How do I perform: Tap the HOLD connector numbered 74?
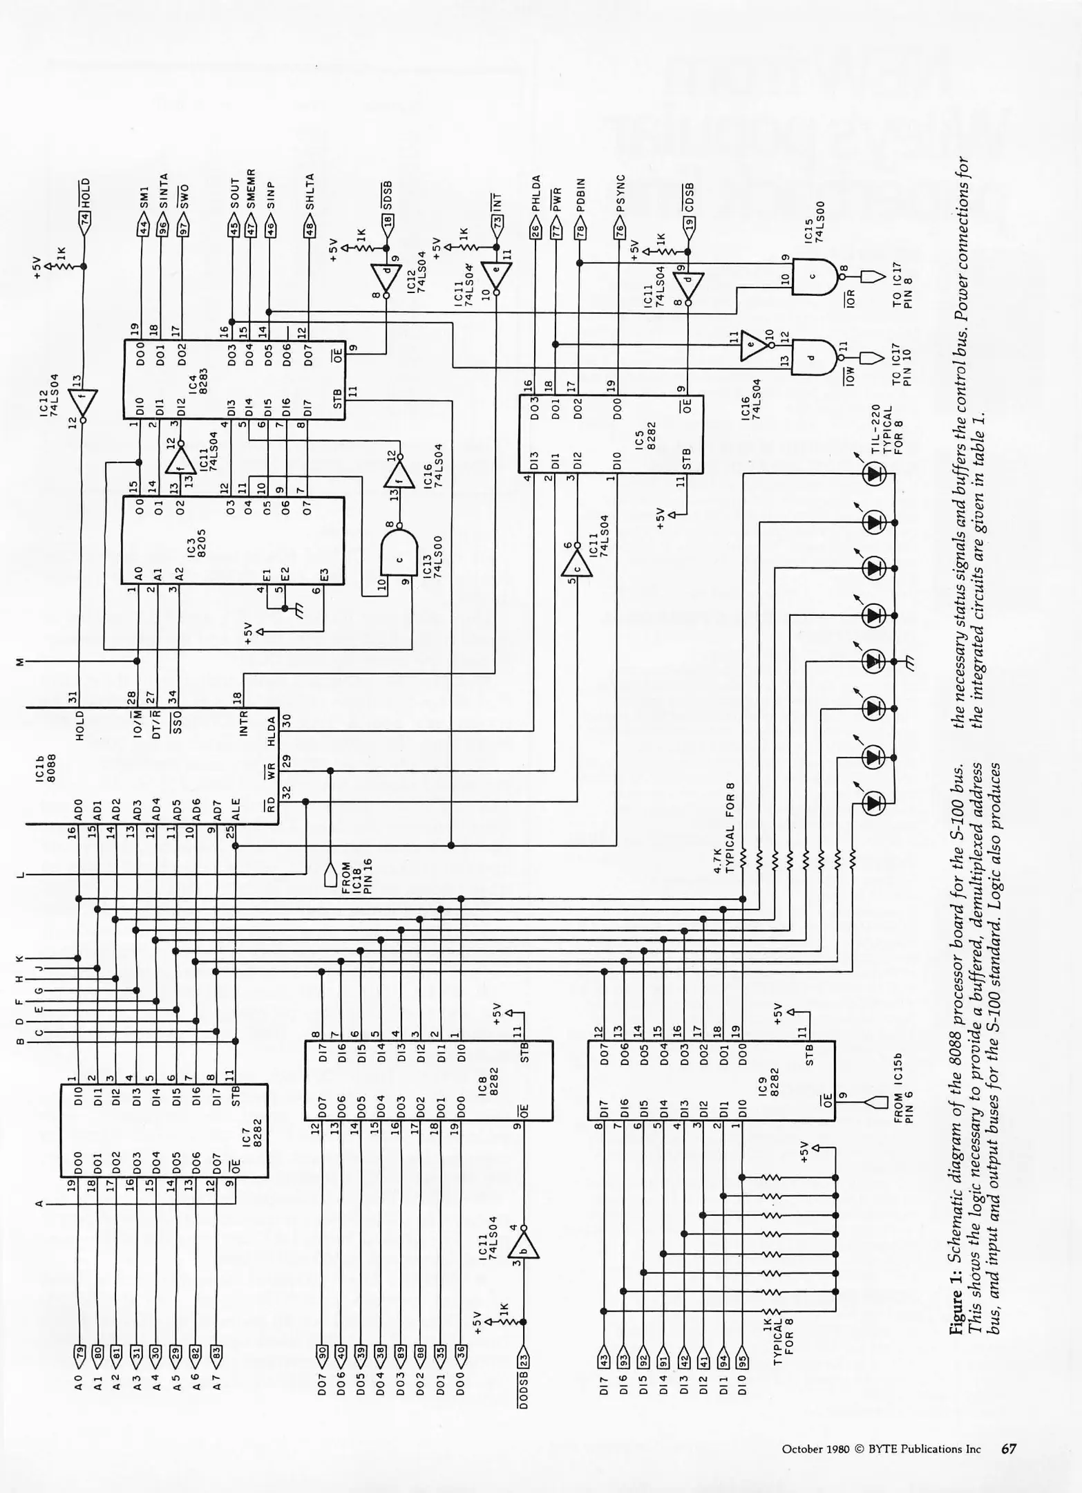coord(86,220)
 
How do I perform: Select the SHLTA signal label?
coord(310,191)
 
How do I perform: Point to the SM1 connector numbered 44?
coord(144,227)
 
